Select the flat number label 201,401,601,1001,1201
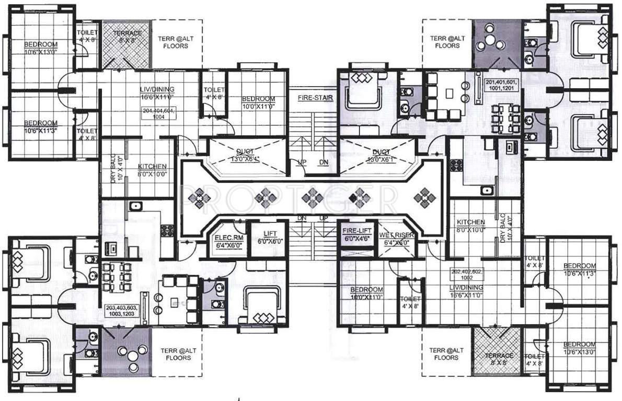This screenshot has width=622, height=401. coord(503,86)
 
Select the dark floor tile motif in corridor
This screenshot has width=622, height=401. coord(359,198)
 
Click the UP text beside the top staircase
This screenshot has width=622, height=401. coord(302,162)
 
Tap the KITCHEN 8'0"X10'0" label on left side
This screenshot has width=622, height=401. coord(152,170)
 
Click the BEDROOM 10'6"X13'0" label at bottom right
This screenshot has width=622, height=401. coord(579,348)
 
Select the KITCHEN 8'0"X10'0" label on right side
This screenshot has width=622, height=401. coord(471,225)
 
